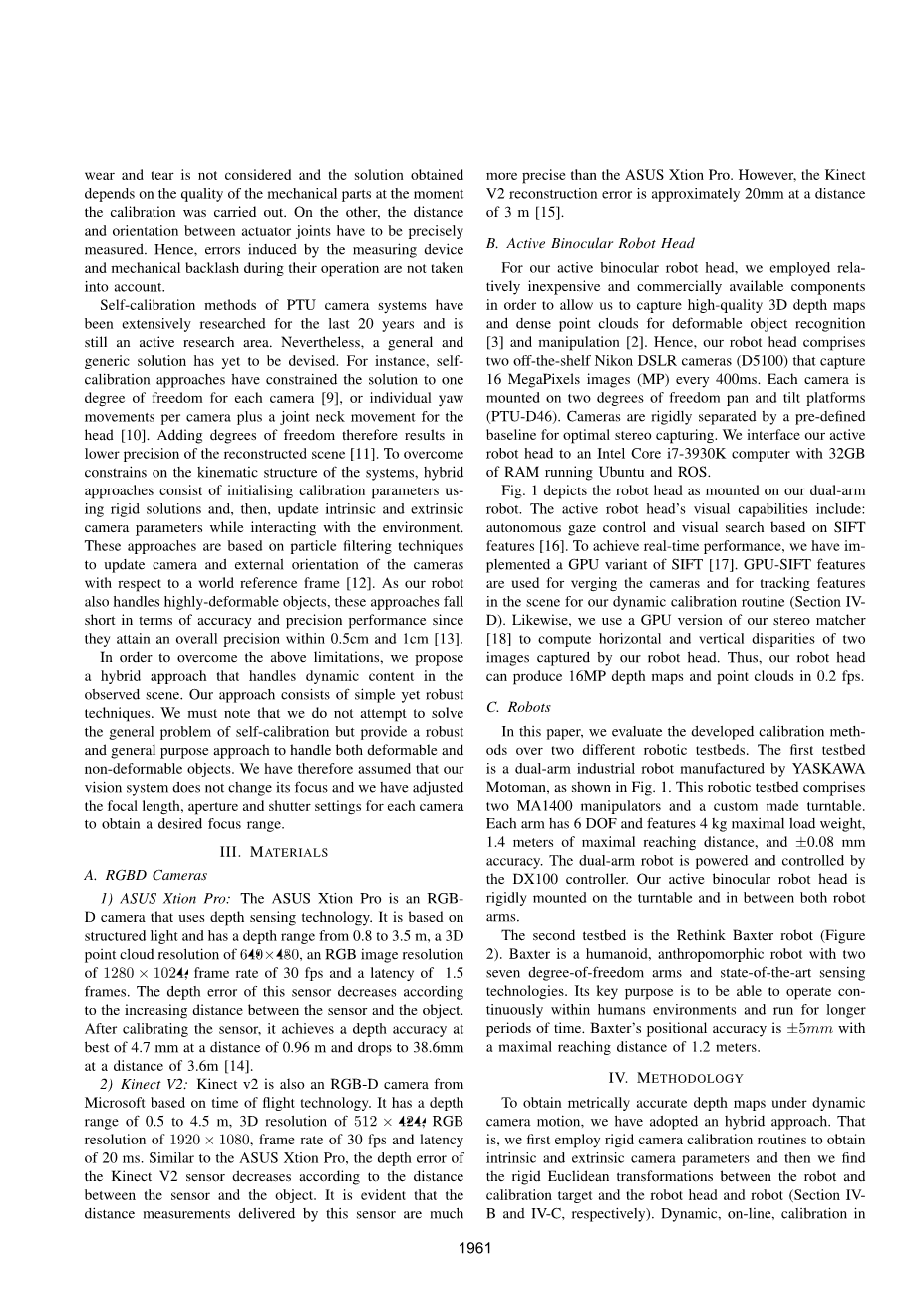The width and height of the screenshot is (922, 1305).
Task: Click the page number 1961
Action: (476, 1249)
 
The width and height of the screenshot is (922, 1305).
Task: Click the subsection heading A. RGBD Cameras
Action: (147, 875)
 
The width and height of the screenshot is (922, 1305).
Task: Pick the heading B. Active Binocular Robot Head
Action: (590, 243)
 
